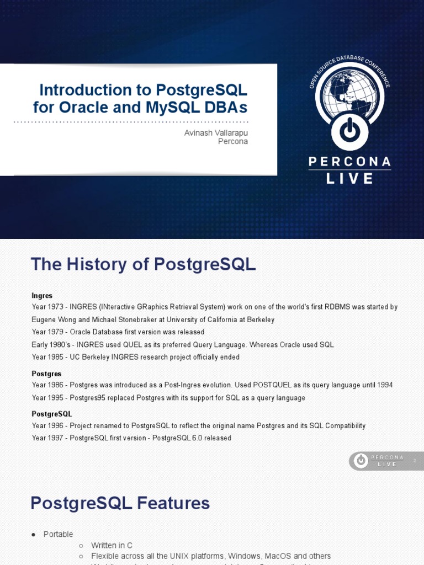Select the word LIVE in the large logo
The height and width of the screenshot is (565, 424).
pyautogui.click(x=349, y=178)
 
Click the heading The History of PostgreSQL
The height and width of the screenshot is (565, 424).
pyautogui.click(x=143, y=264)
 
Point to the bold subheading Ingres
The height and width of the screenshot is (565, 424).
pyautogui.click(x=42, y=296)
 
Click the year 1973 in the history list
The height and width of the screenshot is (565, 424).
pyautogui.click(x=58, y=307)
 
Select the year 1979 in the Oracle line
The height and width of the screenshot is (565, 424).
pyautogui.click(x=58, y=332)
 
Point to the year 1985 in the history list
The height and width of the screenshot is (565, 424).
pyautogui.click(x=58, y=357)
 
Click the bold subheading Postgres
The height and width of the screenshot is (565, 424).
pyautogui.click(x=46, y=374)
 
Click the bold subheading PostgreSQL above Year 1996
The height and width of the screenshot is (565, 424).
pyautogui.click(x=52, y=414)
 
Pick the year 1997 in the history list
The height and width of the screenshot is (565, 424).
pyautogui.click(x=58, y=438)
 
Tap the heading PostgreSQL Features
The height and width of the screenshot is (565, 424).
pyautogui.click(x=120, y=503)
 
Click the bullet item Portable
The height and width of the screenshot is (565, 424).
pyautogui.click(x=59, y=534)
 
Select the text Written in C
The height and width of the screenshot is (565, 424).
pyautogui.click(x=112, y=545)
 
